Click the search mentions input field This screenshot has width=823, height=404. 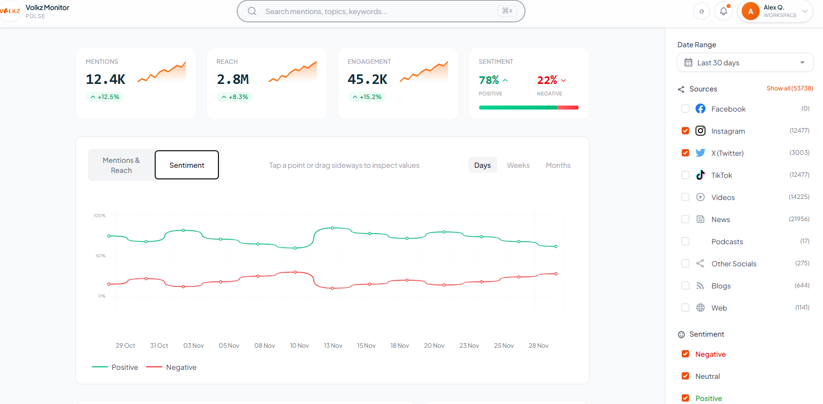(x=377, y=12)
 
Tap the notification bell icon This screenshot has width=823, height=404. (x=724, y=11)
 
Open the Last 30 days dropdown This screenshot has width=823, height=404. (x=745, y=63)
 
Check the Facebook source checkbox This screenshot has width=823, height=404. (x=685, y=109)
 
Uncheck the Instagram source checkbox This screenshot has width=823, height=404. (x=685, y=131)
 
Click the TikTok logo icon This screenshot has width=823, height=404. (x=700, y=175)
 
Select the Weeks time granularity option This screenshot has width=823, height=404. (x=518, y=165)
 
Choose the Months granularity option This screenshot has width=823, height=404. (x=558, y=165)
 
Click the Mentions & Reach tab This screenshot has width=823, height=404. (x=121, y=165)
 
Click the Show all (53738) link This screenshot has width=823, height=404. (x=789, y=88)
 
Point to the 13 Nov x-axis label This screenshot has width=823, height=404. (x=333, y=346)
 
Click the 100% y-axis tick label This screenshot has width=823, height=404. (x=99, y=216)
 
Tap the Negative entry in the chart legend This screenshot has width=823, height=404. (x=181, y=367)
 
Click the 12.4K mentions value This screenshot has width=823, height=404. (x=105, y=79)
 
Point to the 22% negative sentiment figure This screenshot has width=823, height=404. (x=547, y=80)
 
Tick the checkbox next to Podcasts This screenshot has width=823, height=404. (x=685, y=241)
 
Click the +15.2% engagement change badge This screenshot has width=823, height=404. (x=367, y=97)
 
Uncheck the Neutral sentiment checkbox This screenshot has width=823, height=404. (x=685, y=376)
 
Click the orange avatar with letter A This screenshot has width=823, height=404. (x=751, y=11)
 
